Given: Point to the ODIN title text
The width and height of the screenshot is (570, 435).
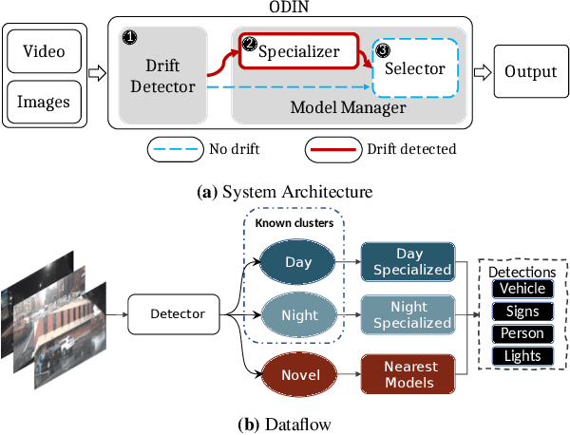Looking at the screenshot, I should click(x=285, y=8).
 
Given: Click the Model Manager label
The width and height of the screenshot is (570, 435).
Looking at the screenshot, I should click(x=349, y=108).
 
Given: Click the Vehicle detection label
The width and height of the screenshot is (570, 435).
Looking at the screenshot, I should click(x=522, y=289).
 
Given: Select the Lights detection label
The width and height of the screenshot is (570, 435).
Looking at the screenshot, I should click(x=522, y=356).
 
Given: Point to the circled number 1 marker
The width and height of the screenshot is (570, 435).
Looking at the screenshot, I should click(x=131, y=38).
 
